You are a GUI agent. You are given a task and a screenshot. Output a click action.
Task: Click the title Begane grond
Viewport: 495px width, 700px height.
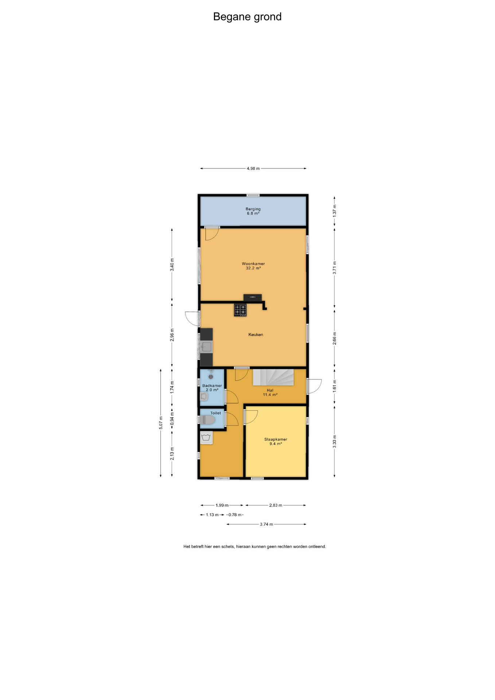coord(247,17)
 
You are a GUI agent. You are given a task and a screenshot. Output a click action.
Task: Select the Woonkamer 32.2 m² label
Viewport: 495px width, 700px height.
coord(253,266)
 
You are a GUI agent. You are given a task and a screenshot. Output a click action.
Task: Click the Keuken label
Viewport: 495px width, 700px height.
coord(256,334)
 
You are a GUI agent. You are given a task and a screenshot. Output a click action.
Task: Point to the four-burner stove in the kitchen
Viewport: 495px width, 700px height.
coord(240,310)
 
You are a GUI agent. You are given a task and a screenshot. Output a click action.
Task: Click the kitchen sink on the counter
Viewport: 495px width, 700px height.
coord(206,346)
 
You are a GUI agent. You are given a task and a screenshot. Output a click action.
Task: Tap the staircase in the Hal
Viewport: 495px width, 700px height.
coord(273,377)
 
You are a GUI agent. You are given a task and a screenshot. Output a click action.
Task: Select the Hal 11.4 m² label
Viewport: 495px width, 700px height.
coord(270,392)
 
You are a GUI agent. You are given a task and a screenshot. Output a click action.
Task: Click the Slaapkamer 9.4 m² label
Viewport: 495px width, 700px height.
coord(276,442)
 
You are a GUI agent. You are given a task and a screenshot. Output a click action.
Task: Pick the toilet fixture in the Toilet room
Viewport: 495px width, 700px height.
coord(207,420)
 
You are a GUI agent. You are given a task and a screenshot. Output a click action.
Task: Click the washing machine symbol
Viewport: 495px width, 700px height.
coord(206,437)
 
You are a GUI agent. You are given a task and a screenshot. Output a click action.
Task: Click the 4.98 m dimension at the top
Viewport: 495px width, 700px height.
coord(253,168)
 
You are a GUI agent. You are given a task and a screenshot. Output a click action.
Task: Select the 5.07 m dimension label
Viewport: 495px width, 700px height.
coord(160,423)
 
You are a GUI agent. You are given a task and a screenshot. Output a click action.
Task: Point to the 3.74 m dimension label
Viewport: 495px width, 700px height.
coord(266,524)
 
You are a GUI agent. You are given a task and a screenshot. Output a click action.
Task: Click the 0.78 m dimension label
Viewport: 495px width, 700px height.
coord(235,515)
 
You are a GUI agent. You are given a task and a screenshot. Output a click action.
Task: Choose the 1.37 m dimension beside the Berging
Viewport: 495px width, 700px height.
coord(334,211)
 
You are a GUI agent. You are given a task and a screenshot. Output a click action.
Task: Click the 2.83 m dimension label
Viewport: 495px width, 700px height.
coord(276,505)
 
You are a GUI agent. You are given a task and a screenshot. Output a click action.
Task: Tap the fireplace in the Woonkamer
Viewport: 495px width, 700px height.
coord(253,297)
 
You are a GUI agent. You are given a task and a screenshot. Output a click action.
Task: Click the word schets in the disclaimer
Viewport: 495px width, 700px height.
coord(228,547)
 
